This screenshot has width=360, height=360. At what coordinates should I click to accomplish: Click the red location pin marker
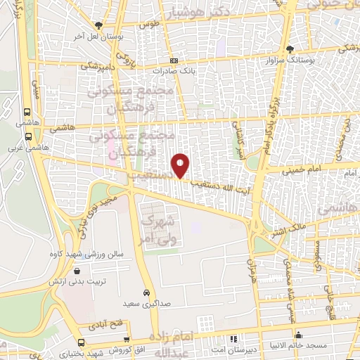pyautogui.click(x=181, y=166)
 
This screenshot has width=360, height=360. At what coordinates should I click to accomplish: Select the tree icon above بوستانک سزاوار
pyautogui.click(x=290, y=49)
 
